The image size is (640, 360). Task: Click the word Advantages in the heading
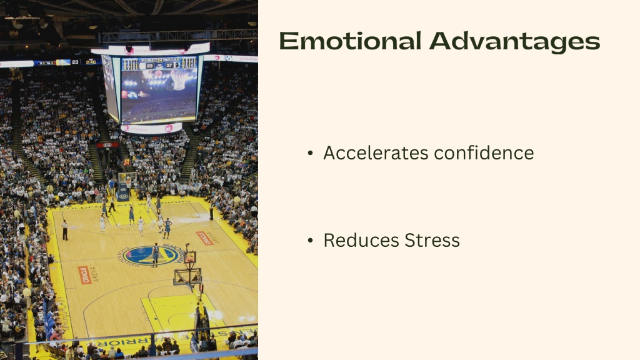pyautogui.click(x=514, y=41)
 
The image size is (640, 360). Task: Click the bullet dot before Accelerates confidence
pyautogui.click(x=311, y=153)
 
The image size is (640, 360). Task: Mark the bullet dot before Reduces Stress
pyautogui.click(x=311, y=241)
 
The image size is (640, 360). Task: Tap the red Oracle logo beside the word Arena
pyautogui.click(x=84, y=275)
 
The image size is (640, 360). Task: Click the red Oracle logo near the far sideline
pyautogui.click(x=204, y=238)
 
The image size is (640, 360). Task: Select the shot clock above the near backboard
pyautogui.click(x=189, y=256)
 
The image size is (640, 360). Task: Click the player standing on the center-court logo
pyautogui.click(x=155, y=253)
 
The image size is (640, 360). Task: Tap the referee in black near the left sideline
pyautogui.click(x=64, y=230)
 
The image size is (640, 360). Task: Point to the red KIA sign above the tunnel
pyautogui.click(x=107, y=145)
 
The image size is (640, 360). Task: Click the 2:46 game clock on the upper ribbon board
pyautogui.click(x=91, y=62)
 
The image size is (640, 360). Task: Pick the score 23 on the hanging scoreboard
pyautogui.click(x=150, y=66)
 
